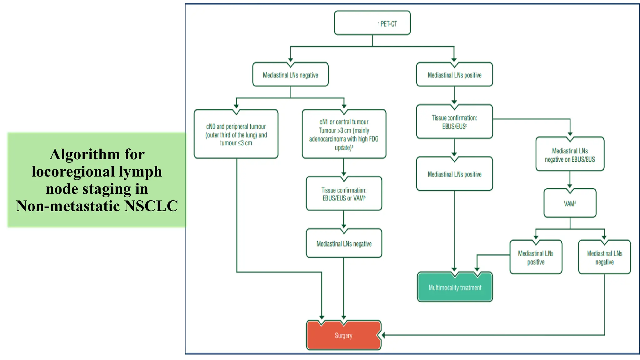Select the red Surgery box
tap(343, 335)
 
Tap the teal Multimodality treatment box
tap(455, 287)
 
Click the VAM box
tap(570, 203)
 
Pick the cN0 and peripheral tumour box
tap(236, 135)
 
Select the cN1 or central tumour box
tap(344, 134)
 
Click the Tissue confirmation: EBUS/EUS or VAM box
tap(344, 194)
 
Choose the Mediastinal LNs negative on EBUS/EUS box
tap(570, 155)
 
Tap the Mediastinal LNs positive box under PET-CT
tap(454, 75)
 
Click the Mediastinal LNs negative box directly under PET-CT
tap(290, 75)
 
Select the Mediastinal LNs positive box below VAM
tap(536, 257)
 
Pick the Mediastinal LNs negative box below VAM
tap(604, 257)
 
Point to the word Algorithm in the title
tap(84, 154)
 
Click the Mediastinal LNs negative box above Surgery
tap(344, 244)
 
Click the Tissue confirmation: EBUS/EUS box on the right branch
tap(454, 122)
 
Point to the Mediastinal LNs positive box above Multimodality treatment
tap(454, 174)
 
